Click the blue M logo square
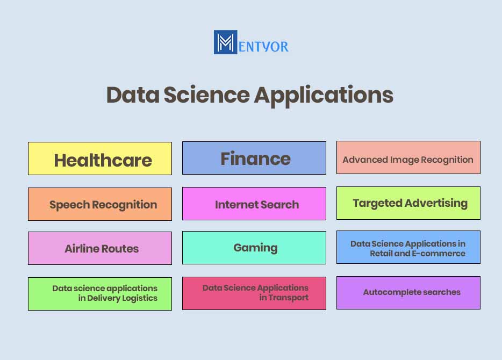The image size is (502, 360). pos(225,42)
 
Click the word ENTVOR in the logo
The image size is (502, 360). pos(263,47)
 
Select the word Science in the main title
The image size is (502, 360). pos(206,95)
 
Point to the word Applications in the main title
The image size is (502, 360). pos(324,96)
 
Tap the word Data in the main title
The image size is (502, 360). pos(133,95)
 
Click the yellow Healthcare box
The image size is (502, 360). pos(100,159)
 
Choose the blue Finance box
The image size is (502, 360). pos(254,158)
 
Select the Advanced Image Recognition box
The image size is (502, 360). pos(408,157)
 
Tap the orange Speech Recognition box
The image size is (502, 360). pos(100,204)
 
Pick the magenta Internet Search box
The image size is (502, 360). pos(254,204)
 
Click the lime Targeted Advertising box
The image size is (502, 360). pos(408,203)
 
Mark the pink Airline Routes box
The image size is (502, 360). pos(100,248)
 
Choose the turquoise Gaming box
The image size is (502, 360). pos(254,248)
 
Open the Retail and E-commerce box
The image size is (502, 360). pos(408,247)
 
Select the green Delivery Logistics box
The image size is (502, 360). pos(100,294)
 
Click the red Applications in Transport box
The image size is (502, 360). pos(254,293)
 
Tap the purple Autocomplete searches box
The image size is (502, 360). pos(408,293)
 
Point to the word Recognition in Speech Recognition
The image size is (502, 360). pos(125,205)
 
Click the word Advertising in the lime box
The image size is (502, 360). pos(436,204)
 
